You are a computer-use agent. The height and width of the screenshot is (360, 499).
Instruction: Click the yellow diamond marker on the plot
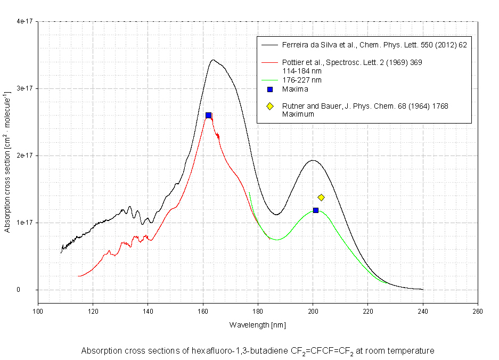[x=321, y=198]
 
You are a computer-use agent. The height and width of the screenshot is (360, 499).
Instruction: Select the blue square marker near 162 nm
[x=208, y=116]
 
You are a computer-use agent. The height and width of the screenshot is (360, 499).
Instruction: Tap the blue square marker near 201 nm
[x=316, y=210]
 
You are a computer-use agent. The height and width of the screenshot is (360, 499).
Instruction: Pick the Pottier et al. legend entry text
[x=352, y=62]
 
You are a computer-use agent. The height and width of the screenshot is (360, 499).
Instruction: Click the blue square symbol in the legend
[x=270, y=89]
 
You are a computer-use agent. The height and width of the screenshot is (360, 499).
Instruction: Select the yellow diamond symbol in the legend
[x=270, y=107]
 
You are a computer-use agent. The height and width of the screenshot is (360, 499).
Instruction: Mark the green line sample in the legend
[x=270, y=80]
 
